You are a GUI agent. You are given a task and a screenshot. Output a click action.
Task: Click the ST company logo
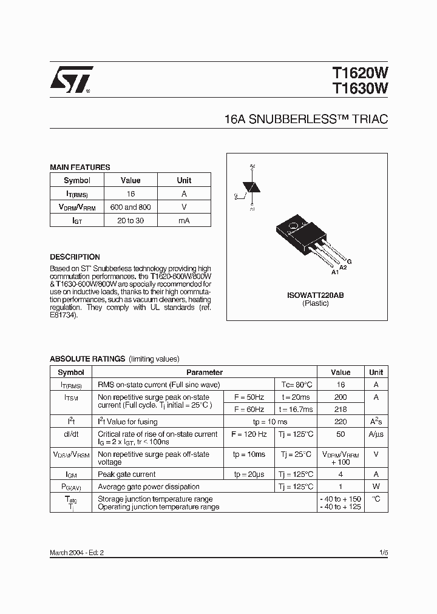(70, 80)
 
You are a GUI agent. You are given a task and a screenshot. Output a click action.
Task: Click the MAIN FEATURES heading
(80, 167)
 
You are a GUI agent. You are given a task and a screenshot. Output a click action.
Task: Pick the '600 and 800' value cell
(130, 207)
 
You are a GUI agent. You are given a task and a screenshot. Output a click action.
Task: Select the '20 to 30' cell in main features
(130, 220)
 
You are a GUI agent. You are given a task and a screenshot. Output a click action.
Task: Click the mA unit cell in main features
(184, 220)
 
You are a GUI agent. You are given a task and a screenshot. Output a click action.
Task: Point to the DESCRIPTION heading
(75, 257)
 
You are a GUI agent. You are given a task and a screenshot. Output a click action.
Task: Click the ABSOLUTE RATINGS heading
(87, 359)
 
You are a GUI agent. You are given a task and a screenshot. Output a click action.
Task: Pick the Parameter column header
(205, 373)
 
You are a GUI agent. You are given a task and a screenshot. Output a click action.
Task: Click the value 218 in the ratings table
(340, 410)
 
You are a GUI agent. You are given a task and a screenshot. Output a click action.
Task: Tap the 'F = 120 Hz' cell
(249, 434)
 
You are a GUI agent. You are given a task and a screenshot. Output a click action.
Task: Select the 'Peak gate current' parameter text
(127, 474)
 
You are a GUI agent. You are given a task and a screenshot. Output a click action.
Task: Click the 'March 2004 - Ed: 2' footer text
(81, 553)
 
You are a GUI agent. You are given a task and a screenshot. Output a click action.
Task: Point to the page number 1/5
(383, 553)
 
